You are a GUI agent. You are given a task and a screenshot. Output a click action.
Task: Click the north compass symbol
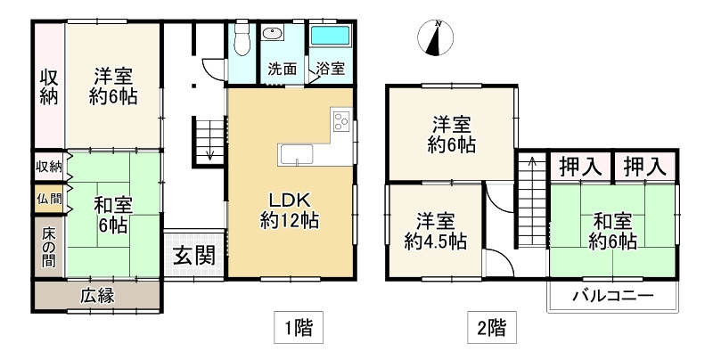[x=436, y=38]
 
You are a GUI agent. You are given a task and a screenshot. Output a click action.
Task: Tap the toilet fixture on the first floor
[x=242, y=37]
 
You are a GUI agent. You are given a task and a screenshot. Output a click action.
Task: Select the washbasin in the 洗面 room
[x=273, y=33]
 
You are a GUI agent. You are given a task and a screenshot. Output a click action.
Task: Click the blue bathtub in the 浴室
[x=330, y=36]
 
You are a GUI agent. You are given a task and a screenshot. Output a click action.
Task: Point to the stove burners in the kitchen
[x=341, y=120]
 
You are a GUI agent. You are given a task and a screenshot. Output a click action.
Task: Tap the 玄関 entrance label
[x=194, y=257]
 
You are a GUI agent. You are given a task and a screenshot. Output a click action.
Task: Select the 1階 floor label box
[x=299, y=327]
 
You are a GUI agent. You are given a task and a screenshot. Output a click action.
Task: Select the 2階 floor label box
[x=492, y=327]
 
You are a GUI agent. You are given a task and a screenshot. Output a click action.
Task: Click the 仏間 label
[x=49, y=199]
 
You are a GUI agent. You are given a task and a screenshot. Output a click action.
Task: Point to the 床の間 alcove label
[x=49, y=247]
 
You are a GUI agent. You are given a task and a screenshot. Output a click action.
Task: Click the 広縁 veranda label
[x=97, y=296]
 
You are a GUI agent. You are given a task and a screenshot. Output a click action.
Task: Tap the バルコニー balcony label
[x=613, y=296]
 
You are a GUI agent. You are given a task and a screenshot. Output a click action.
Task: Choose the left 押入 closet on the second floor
[x=580, y=167]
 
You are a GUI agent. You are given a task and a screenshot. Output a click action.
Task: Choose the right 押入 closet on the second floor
[x=645, y=167]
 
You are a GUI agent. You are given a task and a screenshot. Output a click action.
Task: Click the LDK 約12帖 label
[x=290, y=210]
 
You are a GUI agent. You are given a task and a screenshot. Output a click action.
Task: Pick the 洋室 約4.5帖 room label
[x=435, y=232]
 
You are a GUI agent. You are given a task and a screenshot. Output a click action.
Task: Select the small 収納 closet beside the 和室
[x=49, y=167]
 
